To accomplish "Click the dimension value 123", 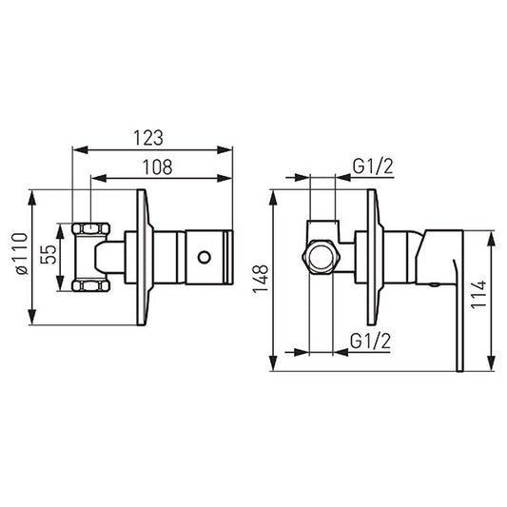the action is click(x=148, y=138).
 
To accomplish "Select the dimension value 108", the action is click(x=158, y=166).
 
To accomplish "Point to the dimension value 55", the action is click(x=49, y=255).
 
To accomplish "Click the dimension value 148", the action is click(x=261, y=279).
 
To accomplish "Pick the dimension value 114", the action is click(x=478, y=294).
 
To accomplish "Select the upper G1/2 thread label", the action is click(x=373, y=166).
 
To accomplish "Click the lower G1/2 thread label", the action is click(x=371, y=341).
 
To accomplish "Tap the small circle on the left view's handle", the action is click(x=205, y=258).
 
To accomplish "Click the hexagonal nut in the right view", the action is click(x=322, y=258).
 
